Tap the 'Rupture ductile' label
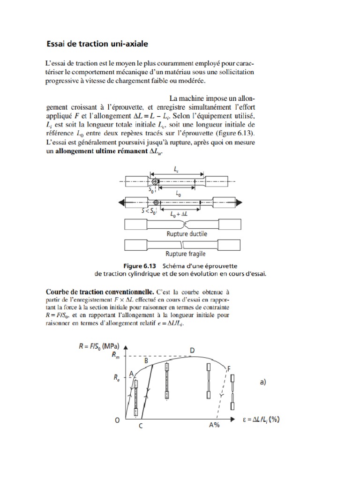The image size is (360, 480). (x=187, y=233)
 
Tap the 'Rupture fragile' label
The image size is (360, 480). (x=187, y=255)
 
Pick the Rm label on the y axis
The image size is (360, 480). (x=116, y=355)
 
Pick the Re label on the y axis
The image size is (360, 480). (x=116, y=376)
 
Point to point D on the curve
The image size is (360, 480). (x=192, y=350)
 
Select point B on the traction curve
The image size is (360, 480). (x=146, y=360)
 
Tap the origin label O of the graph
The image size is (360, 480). (x=117, y=420)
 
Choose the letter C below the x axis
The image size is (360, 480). (x=141, y=426)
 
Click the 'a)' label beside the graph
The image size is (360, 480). (x=262, y=382)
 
